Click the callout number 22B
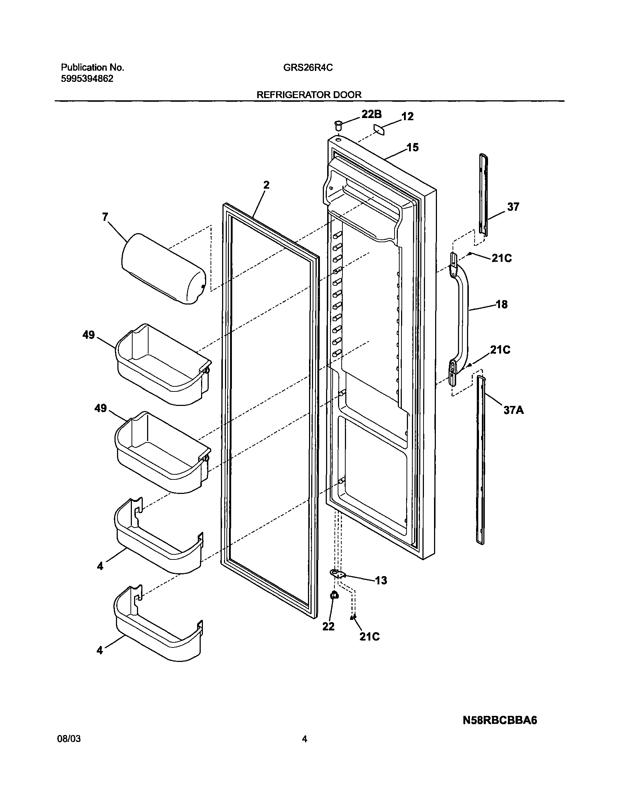click(x=371, y=114)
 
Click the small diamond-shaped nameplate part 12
click(x=379, y=129)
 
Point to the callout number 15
click(x=412, y=147)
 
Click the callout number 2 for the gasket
click(x=267, y=185)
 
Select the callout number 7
click(x=105, y=217)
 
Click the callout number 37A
click(x=513, y=410)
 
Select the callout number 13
click(x=381, y=580)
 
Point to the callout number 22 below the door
click(x=328, y=626)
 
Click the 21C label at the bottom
click(x=370, y=637)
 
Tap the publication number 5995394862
click(x=87, y=79)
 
